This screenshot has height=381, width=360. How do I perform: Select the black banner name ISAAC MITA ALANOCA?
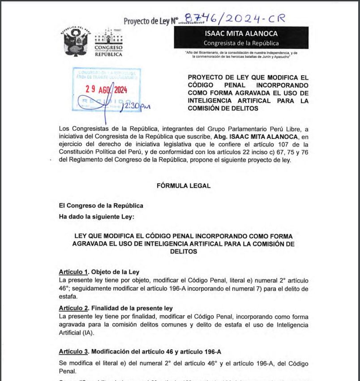(x=241, y=34)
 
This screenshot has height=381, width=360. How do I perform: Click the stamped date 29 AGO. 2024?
(x=107, y=89)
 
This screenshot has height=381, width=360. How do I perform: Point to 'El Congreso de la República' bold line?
(x=101, y=205)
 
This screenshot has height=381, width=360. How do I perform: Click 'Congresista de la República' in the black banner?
(x=241, y=43)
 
